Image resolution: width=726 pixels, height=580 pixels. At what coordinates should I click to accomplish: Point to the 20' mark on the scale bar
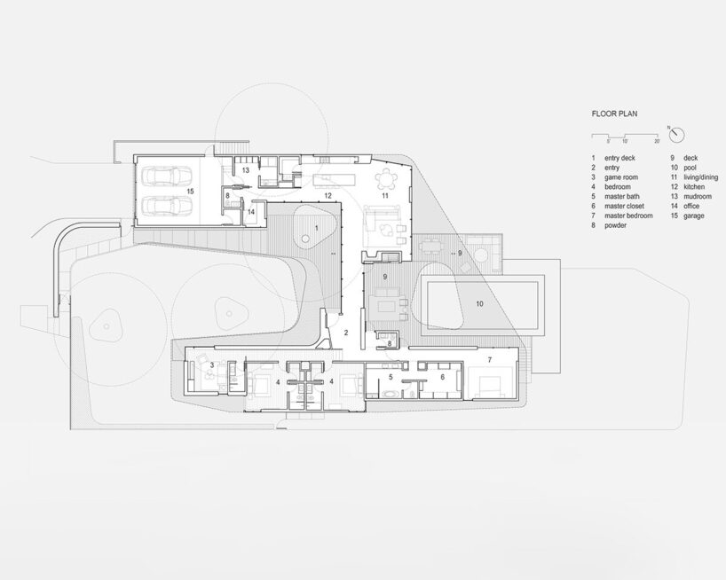(x=657, y=141)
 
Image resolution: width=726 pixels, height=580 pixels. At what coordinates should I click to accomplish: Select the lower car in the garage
(x=167, y=207)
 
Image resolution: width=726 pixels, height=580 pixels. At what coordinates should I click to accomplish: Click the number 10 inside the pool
(x=479, y=303)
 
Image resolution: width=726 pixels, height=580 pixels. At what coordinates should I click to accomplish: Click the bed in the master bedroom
(x=491, y=384)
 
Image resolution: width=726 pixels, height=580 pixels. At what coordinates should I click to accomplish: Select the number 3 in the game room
(x=211, y=364)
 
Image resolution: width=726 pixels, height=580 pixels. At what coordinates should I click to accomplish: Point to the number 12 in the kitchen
(x=327, y=193)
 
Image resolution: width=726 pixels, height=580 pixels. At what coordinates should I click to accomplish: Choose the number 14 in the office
(x=251, y=211)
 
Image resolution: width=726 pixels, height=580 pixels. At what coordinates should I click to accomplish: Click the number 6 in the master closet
(x=441, y=376)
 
